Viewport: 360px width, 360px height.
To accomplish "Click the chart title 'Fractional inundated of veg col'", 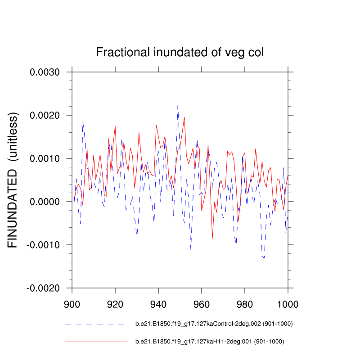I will (x=180, y=53).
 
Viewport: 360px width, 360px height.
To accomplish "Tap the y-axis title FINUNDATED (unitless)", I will (x=13, y=180).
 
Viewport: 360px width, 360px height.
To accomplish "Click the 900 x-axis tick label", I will (x=72, y=303).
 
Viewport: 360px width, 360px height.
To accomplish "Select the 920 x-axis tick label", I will (x=115, y=303).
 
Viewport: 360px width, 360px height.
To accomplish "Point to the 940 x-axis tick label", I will (x=158, y=303).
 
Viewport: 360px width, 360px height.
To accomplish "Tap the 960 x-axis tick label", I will (x=202, y=303).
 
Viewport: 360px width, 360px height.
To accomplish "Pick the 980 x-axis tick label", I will (x=245, y=303).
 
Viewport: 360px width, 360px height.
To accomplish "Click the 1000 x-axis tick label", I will (x=287, y=303).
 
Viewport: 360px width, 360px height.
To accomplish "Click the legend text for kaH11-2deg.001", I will (x=209, y=342).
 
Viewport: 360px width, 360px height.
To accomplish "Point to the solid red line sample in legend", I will (x=96, y=342).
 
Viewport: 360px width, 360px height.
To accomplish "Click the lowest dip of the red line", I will (x=212, y=238).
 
